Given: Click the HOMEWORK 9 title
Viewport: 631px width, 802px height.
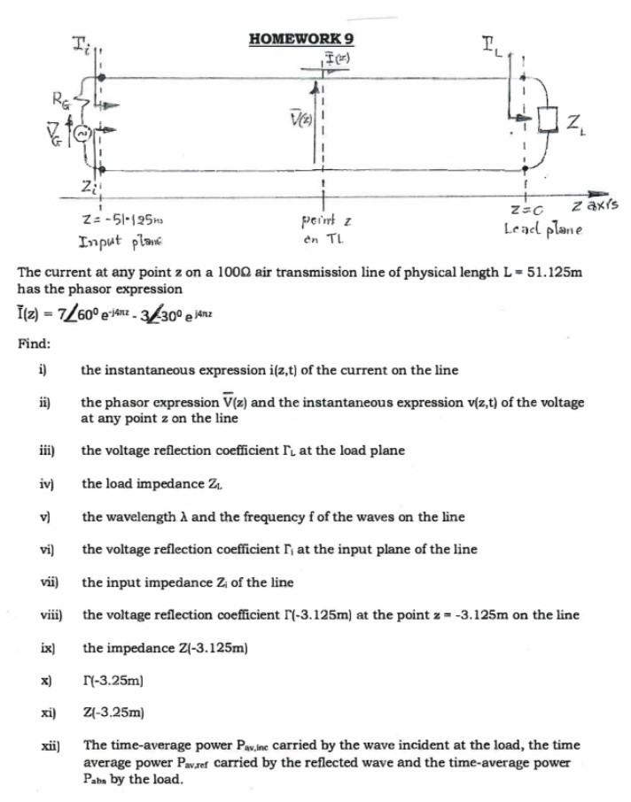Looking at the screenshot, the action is pyautogui.click(x=303, y=39).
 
